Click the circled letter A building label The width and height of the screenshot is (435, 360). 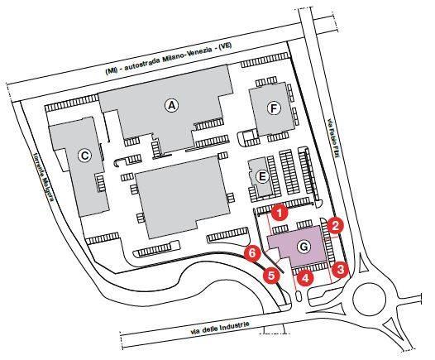pyautogui.click(x=172, y=105)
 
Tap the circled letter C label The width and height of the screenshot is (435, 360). pyautogui.click(x=84, y=156)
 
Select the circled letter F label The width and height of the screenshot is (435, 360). pyautogui.click(x=274, y=108)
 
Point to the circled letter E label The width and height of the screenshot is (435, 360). pyautogui.click(x=262, y=176)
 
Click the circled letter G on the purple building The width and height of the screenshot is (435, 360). pyautogui.click(x=304, y=247)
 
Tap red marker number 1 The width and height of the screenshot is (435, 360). pyautogui.click(x=280, y=214)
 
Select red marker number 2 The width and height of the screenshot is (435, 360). pyautogui.click(x=335, y=226)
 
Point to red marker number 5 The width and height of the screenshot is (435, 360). pyautogui.click(x=271, y=276)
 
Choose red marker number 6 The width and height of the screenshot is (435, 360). pyautogui.click(x=252, y=253)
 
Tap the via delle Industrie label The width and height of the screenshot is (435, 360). pyautogui.click(x=220, y=328)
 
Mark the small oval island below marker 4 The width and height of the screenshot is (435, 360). pyautogui.click(x=299, y=297)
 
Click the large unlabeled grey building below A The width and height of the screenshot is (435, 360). pyautogui.click(x=183, y=196)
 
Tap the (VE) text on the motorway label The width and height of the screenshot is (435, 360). pyautogui.click(x=225, y=46)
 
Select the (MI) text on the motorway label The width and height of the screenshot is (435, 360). pyautogui.click(x=111, y=71)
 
